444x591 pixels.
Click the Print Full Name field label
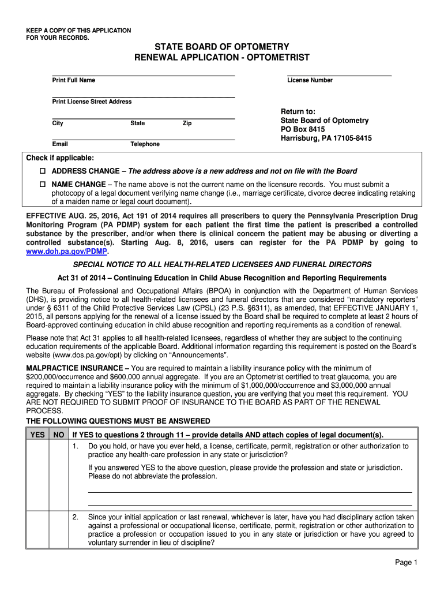point(74,80)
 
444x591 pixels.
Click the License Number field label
point(310,80)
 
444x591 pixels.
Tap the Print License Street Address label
point(92,102)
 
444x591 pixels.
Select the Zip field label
point(187,124)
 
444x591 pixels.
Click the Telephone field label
point(145,144)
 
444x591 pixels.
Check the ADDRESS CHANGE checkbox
point(42,171)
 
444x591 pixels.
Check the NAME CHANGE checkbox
point(42,185)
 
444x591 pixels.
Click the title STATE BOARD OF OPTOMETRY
point(221,46)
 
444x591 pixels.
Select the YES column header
point(37,435)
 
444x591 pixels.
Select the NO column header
point(58,435)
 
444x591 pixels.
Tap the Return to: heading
point(298,111)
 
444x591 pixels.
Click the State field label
point(138,124)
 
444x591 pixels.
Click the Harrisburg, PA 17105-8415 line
point(326,139)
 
